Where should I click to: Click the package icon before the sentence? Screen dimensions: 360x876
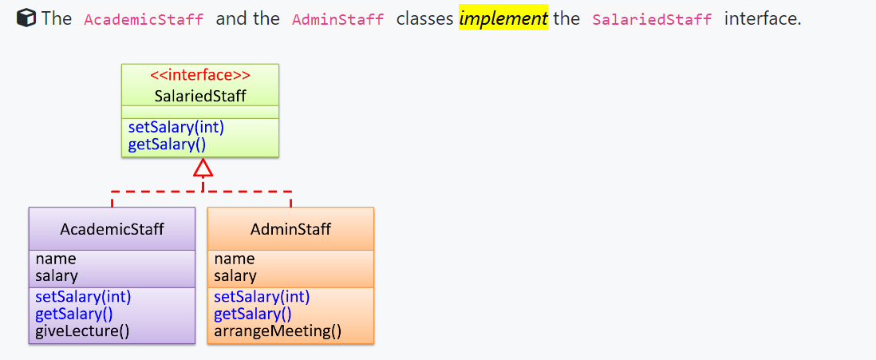26,18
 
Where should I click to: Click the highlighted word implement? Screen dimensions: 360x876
503,18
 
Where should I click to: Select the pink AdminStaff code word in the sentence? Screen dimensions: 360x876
338,19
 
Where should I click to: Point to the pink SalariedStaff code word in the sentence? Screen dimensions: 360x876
652,19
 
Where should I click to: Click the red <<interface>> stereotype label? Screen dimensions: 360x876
200,76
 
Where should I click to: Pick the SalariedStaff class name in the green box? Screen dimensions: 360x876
200,96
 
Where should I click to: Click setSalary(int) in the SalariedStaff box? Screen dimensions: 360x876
176,128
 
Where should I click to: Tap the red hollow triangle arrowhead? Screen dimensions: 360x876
203,168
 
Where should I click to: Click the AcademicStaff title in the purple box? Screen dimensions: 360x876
112,229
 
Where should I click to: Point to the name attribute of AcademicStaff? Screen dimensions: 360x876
56,259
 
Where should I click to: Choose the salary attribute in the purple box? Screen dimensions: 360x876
57,276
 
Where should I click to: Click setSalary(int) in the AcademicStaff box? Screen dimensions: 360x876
83,297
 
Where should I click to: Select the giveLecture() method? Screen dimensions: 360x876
82,330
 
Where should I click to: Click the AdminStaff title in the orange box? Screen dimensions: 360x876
290,229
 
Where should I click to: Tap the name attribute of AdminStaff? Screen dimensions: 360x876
235,259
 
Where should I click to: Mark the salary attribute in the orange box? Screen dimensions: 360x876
235,276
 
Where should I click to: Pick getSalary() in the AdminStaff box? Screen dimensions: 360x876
253,314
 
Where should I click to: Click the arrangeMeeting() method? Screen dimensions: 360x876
278,330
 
